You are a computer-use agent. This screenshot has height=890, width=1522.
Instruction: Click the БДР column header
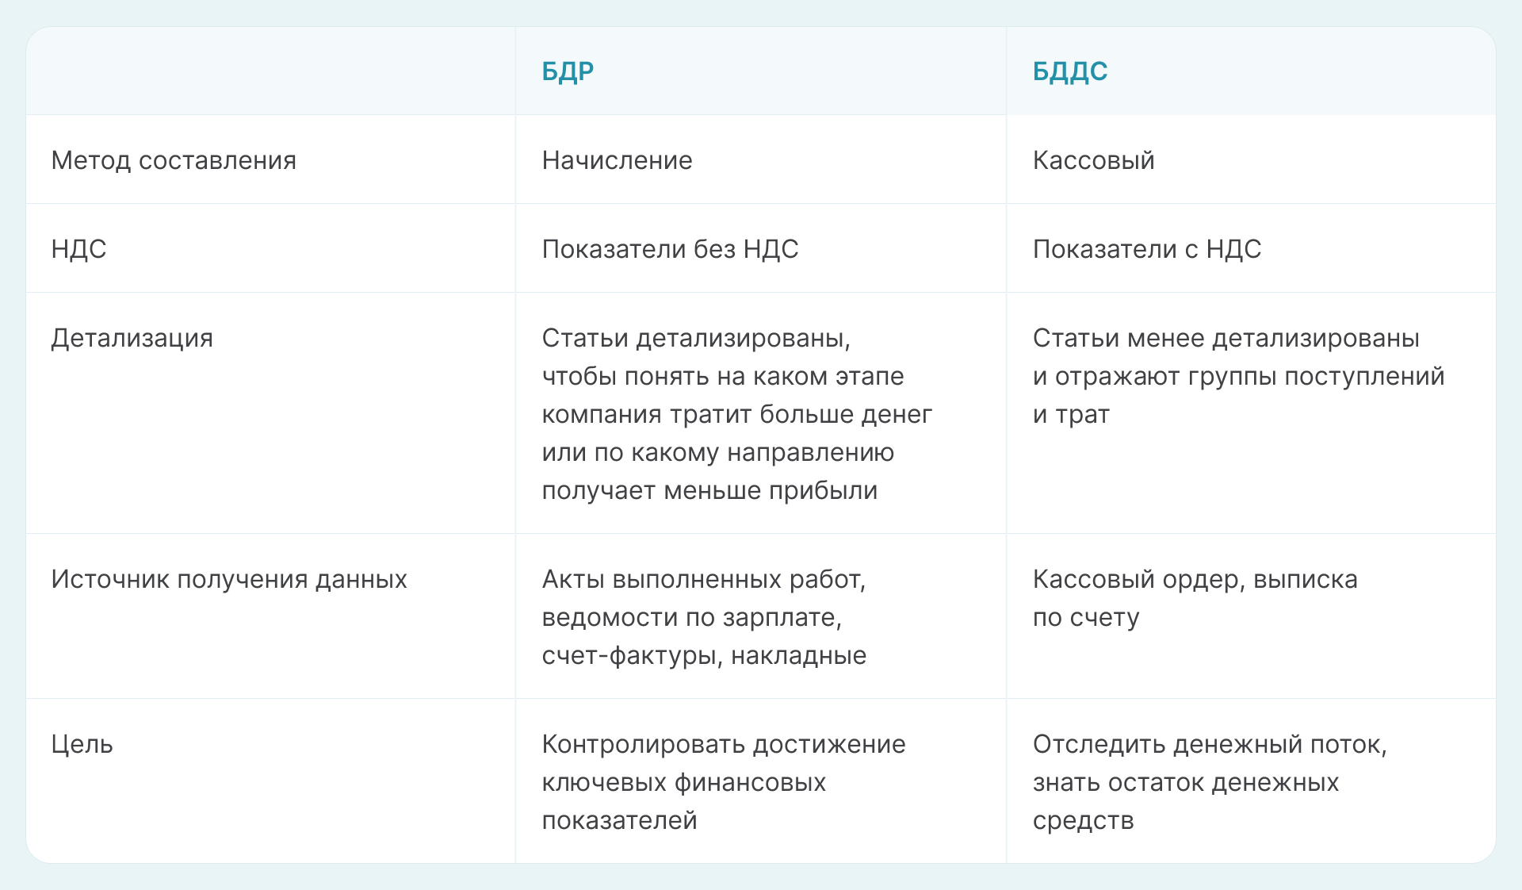568,72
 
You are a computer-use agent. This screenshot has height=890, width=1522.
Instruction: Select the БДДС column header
1069,72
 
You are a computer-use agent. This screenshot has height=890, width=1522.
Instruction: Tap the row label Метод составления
174,160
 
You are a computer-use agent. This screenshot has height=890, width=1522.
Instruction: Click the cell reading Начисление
617,160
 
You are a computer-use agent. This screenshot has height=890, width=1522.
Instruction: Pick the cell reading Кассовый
1093,160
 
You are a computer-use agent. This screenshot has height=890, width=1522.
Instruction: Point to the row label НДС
78,249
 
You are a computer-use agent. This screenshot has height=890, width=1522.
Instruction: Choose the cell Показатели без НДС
670,249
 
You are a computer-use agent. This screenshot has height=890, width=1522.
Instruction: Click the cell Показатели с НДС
1146,249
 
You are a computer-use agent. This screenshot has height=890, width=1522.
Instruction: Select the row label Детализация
132,339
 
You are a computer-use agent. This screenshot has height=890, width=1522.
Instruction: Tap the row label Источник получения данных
229,580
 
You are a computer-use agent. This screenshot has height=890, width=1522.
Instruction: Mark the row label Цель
82,745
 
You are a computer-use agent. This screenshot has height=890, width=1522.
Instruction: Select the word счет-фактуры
632,656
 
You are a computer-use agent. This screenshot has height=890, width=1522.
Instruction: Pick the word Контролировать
643,745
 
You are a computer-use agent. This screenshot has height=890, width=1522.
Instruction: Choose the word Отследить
1099,745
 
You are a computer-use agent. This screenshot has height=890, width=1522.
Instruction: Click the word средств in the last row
1083,821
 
